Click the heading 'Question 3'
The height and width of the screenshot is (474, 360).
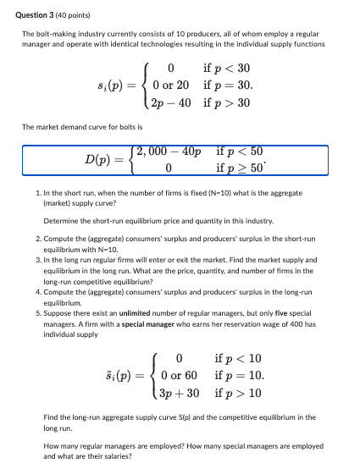coord(39,14)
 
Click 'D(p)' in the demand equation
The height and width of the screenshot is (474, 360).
coord(102,160)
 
